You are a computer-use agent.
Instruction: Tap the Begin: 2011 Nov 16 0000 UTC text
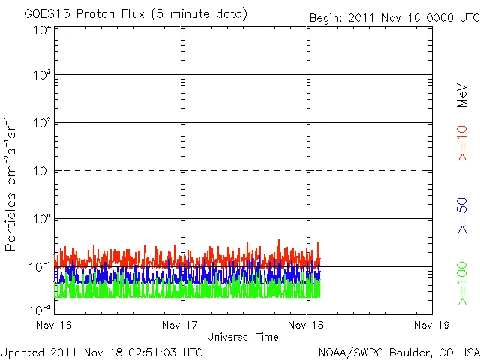click(394, 16)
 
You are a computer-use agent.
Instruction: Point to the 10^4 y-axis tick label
click(41, 30)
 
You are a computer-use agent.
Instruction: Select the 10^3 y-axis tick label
click(41, 75)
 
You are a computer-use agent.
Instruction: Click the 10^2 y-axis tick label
click(41, 122)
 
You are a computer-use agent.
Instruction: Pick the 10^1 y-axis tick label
click(41, 170)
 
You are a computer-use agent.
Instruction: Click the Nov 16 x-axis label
click(54, 325)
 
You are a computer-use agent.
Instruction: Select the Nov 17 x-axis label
click(180, 325)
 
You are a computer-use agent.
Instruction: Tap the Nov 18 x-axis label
click(307, 325)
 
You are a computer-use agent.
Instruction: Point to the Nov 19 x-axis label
click(432, 325)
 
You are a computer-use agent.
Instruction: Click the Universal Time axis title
click(243, 337)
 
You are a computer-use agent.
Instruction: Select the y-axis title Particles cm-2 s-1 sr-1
click(13, 184)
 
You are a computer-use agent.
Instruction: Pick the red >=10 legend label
click(462, 143)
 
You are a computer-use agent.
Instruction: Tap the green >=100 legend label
click(462, 283)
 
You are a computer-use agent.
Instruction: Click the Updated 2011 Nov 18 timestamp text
click(101, 351)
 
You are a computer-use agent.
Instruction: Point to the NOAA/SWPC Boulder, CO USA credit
click(398, 351)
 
